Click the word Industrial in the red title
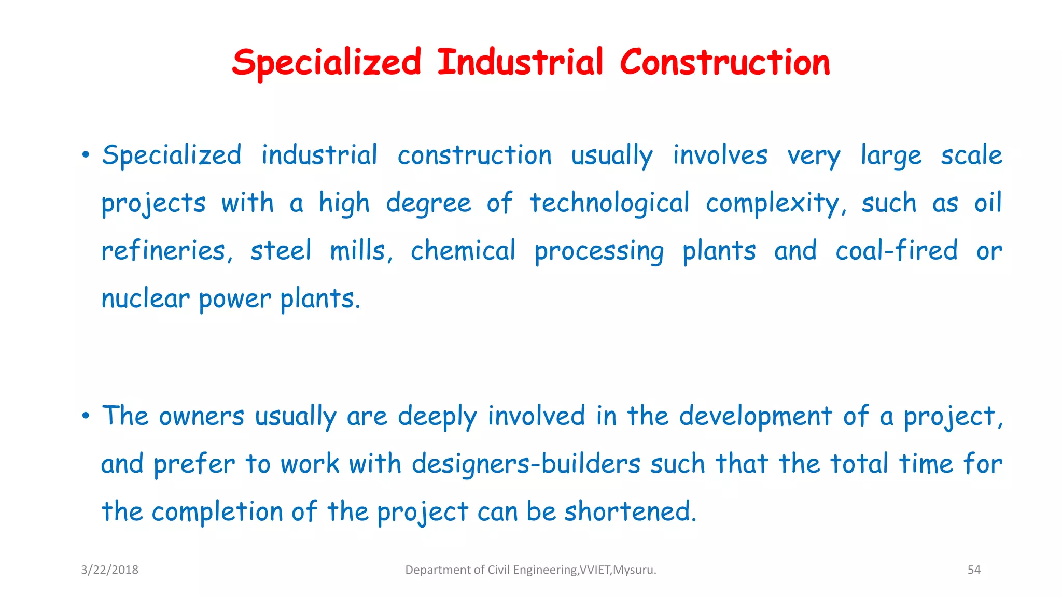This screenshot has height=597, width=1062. tap(520, 62)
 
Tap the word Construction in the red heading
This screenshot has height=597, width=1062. tap(724, 62)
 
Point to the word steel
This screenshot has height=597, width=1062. tap(281, 251)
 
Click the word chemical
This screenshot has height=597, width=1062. tap(463, 251)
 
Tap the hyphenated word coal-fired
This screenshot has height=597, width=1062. tap(896, 251)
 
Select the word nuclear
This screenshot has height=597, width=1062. tap(146, 299)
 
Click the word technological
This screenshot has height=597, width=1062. tap(609, 204)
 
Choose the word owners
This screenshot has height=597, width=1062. tap(201, 417)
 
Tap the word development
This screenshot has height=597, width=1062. tap(756, 417)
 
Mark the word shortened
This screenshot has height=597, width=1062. tap(630, 512)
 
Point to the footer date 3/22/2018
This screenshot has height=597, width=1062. tap(109, 570)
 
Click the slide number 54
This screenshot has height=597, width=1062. tap(974, 570)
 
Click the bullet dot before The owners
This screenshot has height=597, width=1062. tap(86, 416)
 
